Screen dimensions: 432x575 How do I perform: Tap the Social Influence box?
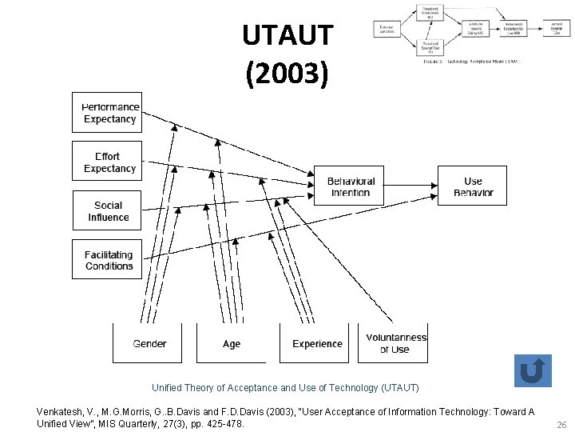point(108,211)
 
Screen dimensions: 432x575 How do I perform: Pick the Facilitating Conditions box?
point(108,260)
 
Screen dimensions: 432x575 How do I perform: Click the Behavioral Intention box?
point(351,187)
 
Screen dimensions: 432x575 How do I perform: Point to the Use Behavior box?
point(473,187)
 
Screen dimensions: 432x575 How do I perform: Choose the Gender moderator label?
point(149,344)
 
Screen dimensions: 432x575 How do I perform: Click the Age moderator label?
point(232,344)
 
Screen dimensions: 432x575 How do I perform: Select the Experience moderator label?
point(317,344)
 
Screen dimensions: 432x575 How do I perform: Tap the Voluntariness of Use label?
point(396,343)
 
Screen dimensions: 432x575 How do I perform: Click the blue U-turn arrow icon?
point(532,371)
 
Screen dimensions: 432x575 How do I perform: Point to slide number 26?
point(561,425)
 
